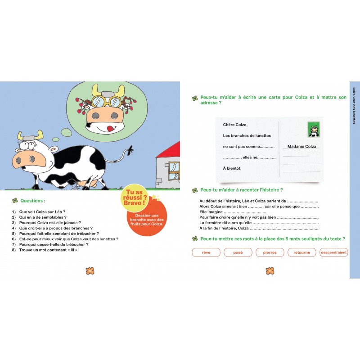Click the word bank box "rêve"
[206, 252]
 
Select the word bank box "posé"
[238, 252]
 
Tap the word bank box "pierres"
[270, 252]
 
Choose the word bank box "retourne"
[301, 252]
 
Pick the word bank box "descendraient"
[333, 252]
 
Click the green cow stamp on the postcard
[314, 130]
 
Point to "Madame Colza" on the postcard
[301, 147]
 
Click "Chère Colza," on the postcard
[235, 125]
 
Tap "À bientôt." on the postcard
[232, 168]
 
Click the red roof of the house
[171, 150]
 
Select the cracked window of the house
[174, 171]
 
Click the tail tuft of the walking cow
[130, 150]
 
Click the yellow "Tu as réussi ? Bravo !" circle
[135, 198]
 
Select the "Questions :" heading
[33, 201]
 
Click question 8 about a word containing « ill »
[45, 250]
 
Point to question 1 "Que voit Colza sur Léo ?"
[39, 212]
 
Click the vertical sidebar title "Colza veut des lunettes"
[354, 105]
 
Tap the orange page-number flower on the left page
[90, 271]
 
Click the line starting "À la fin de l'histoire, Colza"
[259, 228]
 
